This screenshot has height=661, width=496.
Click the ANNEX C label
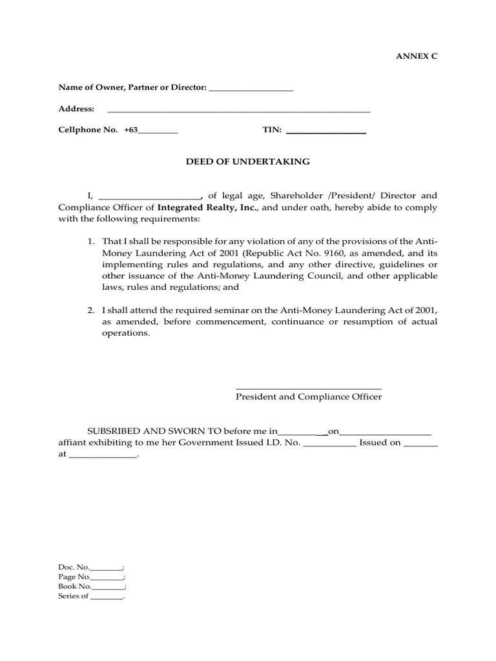pyautogui.click(x=416, y=56)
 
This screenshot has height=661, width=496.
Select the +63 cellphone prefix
pyautogui.click(x=131, y=130)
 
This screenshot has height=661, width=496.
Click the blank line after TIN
pyautogui.click(x=325, y=132)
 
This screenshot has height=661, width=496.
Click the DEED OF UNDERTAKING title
pyautogui.click(x=248, y=161)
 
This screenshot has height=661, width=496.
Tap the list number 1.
pyautogui.click(x=91, y=241)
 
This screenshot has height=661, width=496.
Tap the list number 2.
pyautogui.click(x=91, y=310)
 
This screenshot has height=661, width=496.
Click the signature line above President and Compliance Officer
pyautogui.click(x=309, y=388)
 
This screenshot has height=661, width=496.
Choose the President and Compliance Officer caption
pyautogui.click(x=309, y=396)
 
